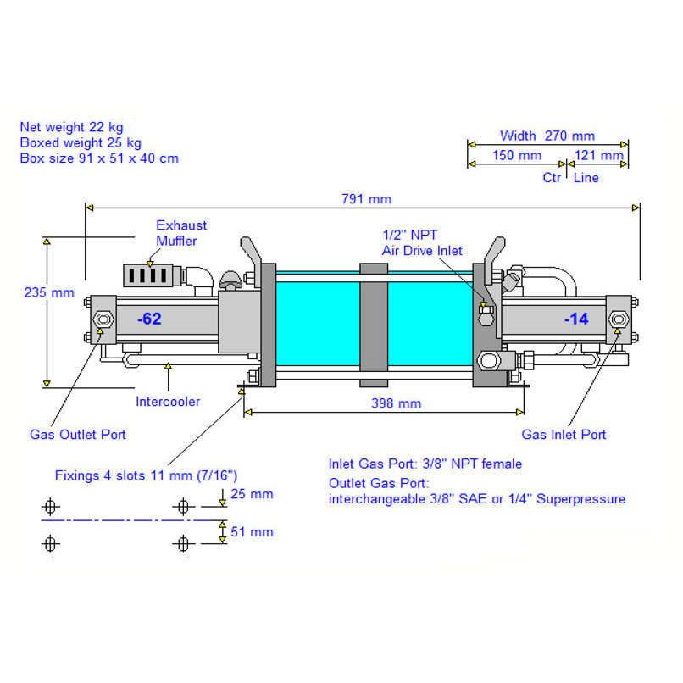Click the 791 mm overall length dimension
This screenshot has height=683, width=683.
366,199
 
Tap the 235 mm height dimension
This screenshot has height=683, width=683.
49,292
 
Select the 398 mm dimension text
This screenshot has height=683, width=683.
396,403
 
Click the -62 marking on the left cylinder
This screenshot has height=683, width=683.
149,319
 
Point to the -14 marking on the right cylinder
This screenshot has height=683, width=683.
576,319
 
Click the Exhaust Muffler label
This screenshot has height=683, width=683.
181,233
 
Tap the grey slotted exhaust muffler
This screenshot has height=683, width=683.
147,275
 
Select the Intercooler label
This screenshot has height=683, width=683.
168,401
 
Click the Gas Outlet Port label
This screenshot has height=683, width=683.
77,434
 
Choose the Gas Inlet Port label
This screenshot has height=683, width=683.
564,434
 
